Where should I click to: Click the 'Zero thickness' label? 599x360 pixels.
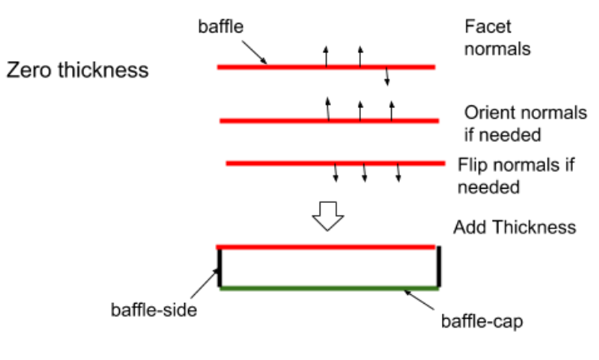[77, 70]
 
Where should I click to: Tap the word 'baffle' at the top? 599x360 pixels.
[221, 26]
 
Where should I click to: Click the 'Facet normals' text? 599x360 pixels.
[497, 36]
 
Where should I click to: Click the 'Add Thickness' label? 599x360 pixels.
[514, 228]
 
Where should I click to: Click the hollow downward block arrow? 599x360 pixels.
[327, 215]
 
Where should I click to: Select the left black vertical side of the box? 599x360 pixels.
[220, 268]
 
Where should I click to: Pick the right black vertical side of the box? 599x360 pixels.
[438, 268]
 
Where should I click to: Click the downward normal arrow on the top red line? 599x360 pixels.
[386, 76]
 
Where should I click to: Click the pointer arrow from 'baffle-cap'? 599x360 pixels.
[420, 299]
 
